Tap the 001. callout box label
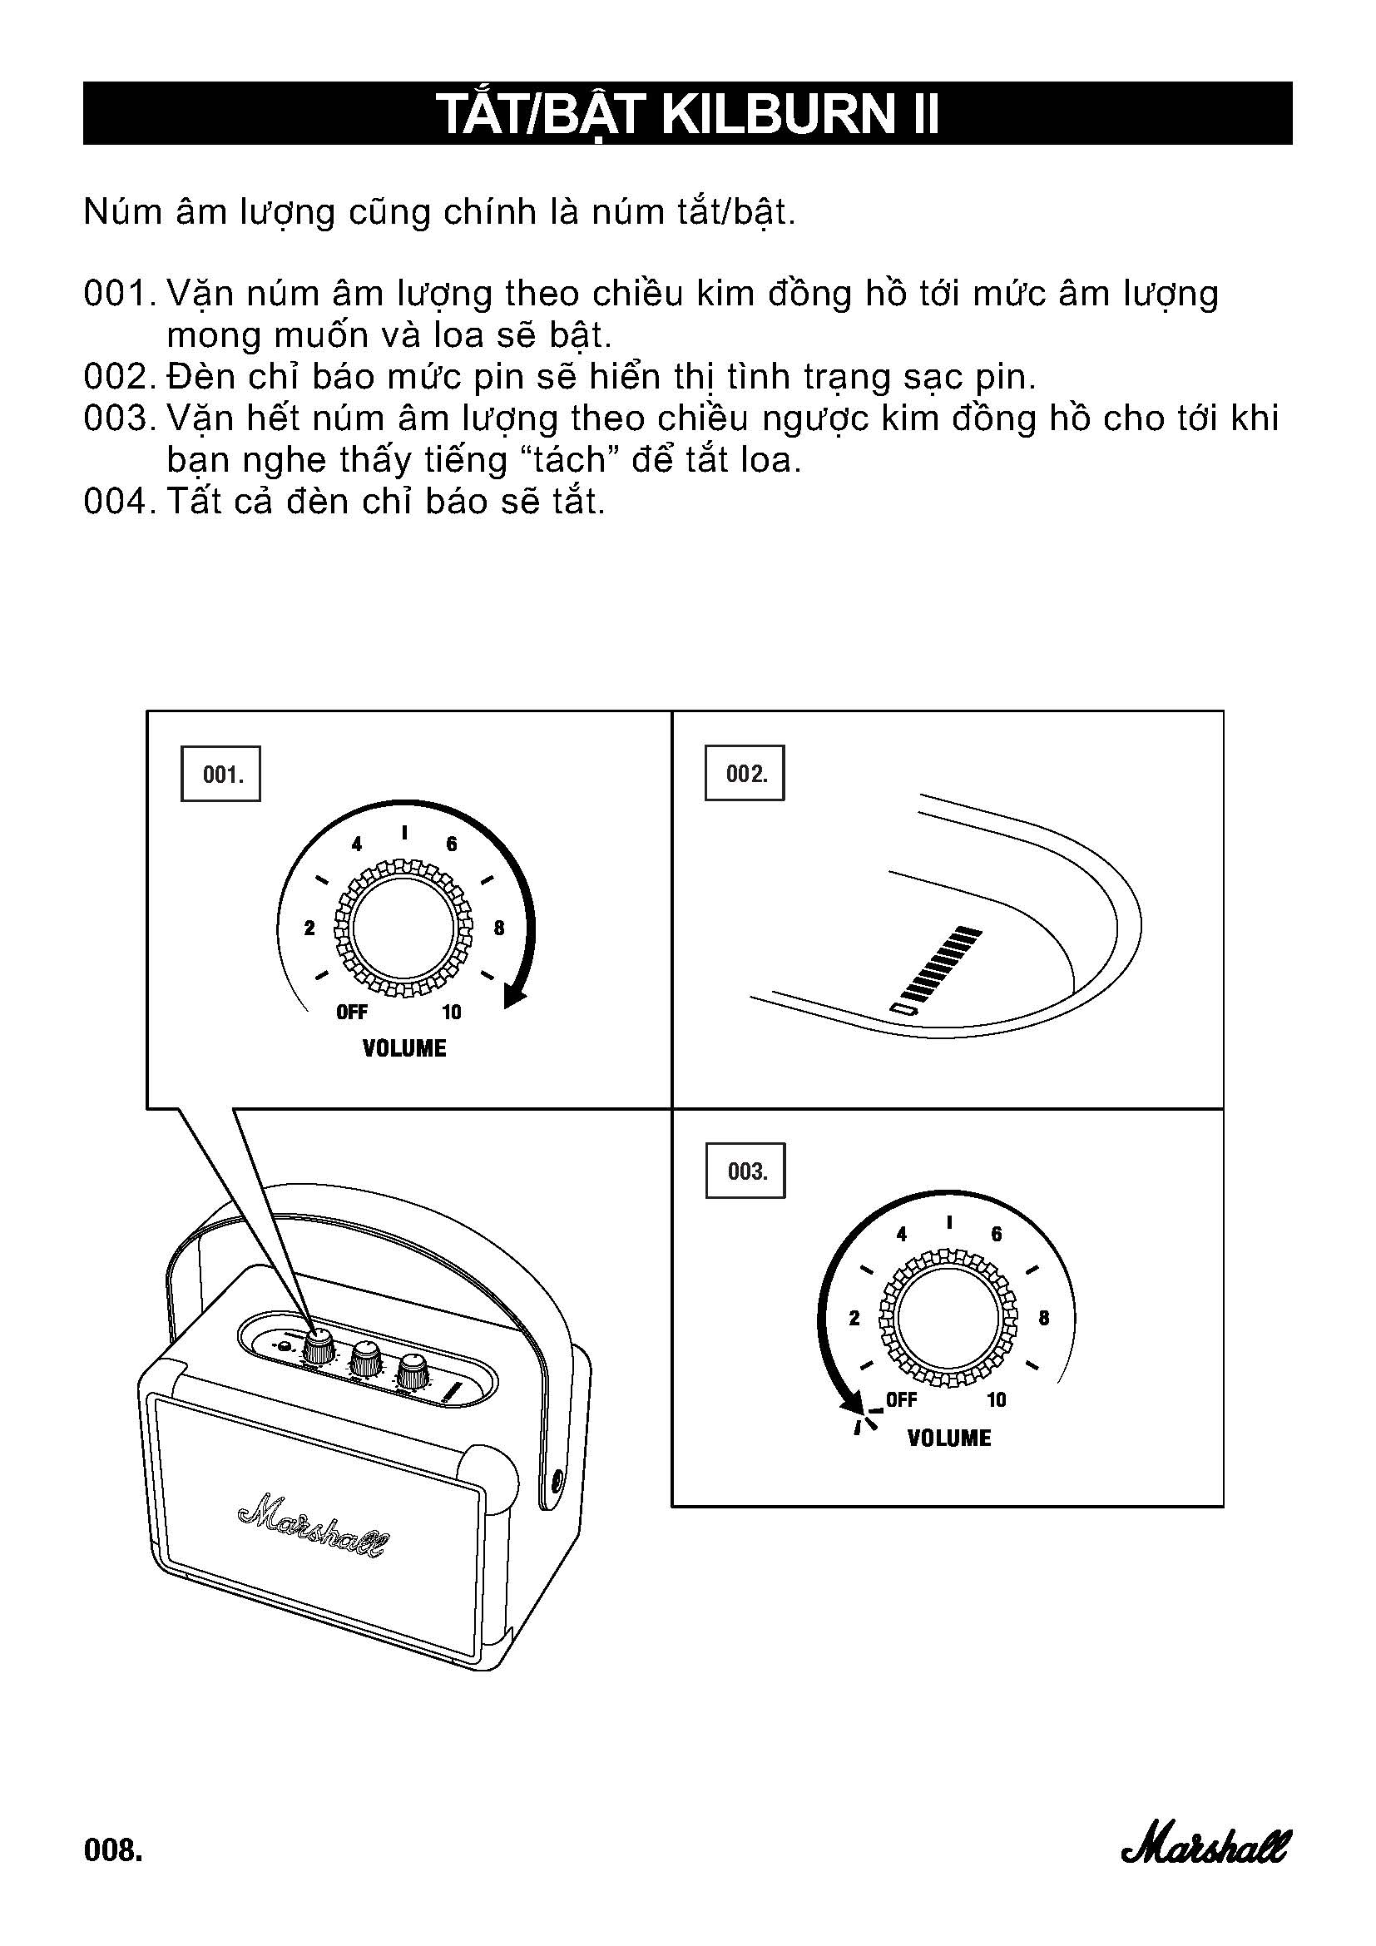tap(221, 774)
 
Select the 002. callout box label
tap(745, 773)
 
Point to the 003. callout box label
tap(745, 1171)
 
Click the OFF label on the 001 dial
tap(352, 1012)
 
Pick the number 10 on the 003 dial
tap(997, 1399)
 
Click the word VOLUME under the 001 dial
tap(404, 1048)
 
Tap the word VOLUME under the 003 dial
tap(948, 1438)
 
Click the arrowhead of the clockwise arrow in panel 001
tap(513, 997)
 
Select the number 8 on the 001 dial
tap(498, 928)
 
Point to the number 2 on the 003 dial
tap(854, 1318)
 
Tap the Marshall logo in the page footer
tap(1205, 1845)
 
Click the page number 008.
tap(112, 1849)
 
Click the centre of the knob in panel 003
tap(948, 1318)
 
